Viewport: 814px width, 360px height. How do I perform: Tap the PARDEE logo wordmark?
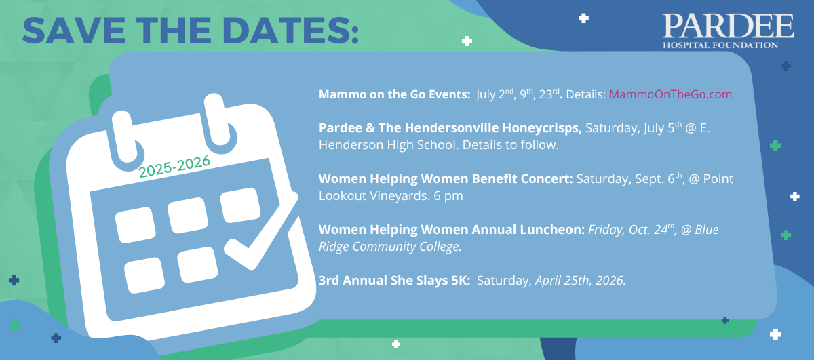pos(728,26)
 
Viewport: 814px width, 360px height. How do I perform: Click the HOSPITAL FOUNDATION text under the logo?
pos(720,45)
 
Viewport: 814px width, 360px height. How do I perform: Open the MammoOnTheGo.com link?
pos(670,94)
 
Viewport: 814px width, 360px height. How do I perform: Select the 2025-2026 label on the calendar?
pos(174,166)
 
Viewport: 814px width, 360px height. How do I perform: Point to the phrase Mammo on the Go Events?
pos(395,94)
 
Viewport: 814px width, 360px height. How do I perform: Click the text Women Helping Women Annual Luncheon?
pos(452,230)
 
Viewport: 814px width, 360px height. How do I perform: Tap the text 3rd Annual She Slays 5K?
pos(395,281)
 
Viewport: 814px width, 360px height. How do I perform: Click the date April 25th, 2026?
pos(581,281)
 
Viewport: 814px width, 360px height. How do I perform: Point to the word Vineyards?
pos(398,196)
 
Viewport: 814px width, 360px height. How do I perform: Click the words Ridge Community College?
pos(390,247)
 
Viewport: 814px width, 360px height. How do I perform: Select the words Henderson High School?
pos(388,145)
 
